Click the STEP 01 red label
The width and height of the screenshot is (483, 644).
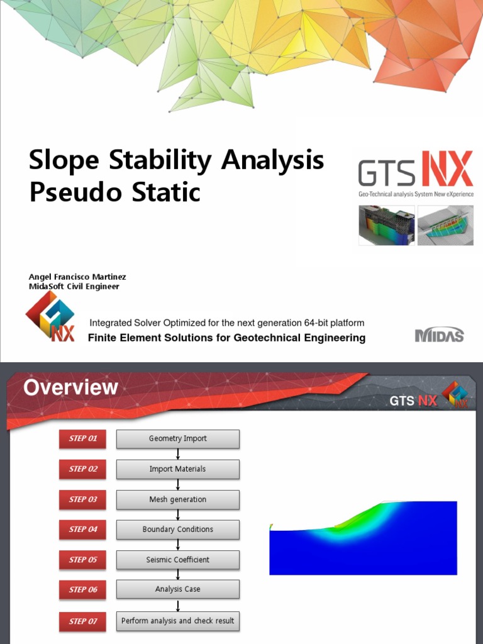click(82, 438)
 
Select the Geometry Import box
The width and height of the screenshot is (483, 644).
click(177, 438)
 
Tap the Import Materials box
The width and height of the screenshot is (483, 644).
click(177, 469)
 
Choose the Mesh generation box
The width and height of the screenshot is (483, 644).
click(177, 499)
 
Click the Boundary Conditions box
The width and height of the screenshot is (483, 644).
click(177, 530)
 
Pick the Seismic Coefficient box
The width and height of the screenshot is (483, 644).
click(177, 560)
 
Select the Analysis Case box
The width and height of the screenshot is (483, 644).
click(177, 589)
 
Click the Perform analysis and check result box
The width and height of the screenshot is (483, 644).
click(177, 621)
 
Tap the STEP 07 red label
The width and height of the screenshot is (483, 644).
click(82, 621)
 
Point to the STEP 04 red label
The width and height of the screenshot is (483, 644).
click(82, 530)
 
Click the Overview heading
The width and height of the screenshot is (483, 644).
click(70, 387)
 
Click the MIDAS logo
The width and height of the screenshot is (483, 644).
click(439, 335)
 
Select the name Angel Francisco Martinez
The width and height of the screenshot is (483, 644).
click(77, 277)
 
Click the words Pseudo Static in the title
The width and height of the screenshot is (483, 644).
click(114, 192)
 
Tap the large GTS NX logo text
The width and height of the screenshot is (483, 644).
click(415, 170)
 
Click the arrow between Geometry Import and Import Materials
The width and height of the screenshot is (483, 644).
click(178, 454)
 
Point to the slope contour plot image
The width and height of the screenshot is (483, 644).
click(363, 538)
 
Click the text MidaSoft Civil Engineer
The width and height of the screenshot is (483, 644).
click(74, 287)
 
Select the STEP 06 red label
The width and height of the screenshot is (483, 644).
click(82, 590)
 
